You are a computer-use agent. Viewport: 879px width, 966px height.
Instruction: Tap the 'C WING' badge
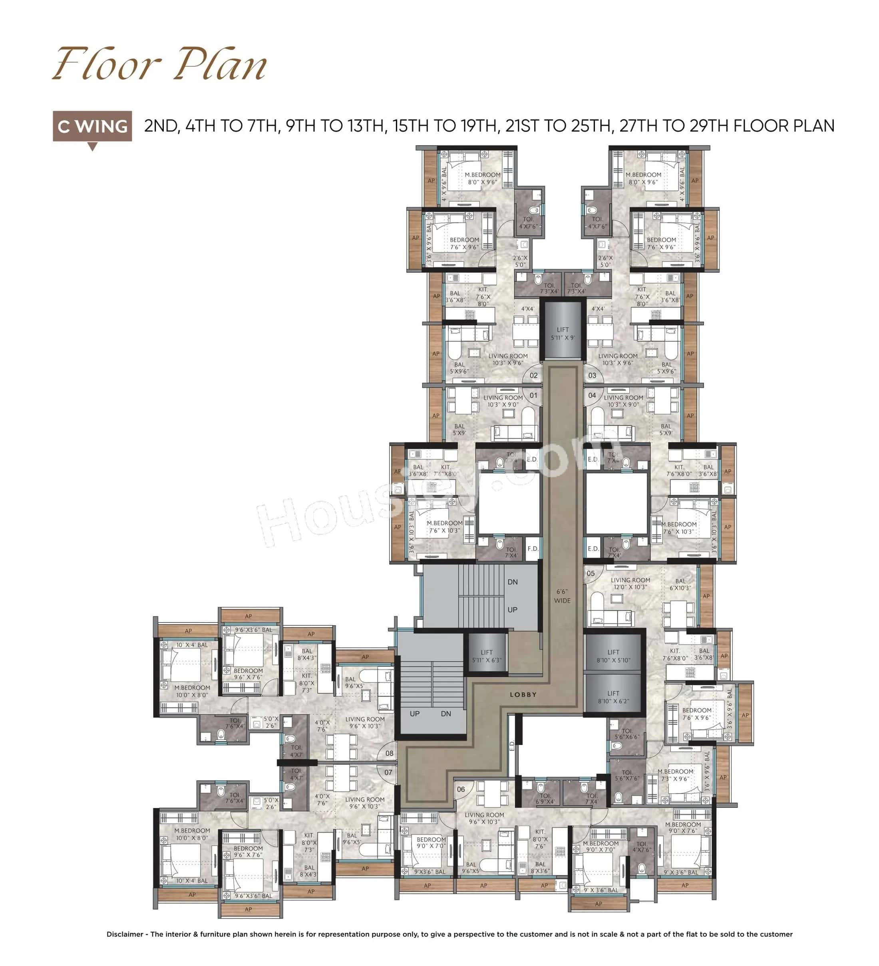(92, 127)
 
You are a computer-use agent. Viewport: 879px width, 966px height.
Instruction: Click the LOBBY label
(523, 694)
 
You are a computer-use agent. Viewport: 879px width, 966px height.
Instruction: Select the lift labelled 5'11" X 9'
(563, 333)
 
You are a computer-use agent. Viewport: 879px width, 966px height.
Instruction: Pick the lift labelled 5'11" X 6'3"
(486, 656)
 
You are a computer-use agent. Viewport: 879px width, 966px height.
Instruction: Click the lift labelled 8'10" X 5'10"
(613, 656)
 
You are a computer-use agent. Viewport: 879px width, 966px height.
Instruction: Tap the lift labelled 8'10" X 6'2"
(613, 697)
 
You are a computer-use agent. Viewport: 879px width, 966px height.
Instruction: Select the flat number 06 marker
(461, 789)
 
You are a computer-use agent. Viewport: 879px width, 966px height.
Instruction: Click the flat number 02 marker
(534, 375)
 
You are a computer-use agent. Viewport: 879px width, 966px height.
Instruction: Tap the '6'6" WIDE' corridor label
(562, 596)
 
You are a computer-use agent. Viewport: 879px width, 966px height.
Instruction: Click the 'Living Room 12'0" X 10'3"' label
(630, 583)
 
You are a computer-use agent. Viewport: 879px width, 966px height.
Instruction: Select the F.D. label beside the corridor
(532, 549)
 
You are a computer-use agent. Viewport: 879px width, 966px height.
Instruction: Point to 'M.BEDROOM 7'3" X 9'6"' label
(675, 775)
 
